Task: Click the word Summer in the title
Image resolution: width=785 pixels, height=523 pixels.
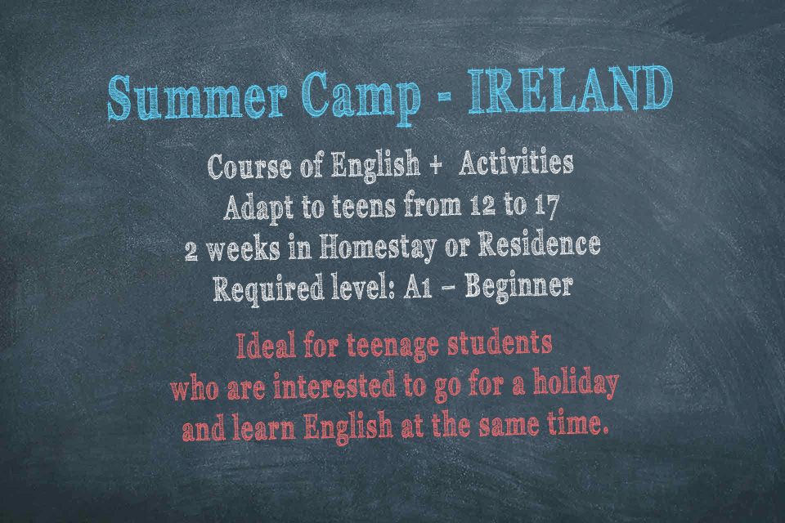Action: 197,97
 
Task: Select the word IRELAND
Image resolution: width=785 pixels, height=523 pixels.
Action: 570,90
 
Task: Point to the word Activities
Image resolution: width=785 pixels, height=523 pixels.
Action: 516,163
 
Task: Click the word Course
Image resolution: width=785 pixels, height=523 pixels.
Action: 249,166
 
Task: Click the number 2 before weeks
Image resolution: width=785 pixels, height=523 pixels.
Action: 191,250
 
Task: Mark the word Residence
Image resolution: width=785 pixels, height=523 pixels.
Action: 539,244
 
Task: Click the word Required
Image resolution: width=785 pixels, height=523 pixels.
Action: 268,289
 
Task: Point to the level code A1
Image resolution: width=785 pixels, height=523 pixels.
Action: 418,288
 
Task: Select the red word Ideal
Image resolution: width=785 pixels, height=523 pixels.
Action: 265,346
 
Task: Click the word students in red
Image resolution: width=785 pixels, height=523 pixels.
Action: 500,343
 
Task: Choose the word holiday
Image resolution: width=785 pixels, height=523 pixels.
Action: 576,384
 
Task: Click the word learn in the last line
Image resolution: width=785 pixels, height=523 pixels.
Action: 263,427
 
